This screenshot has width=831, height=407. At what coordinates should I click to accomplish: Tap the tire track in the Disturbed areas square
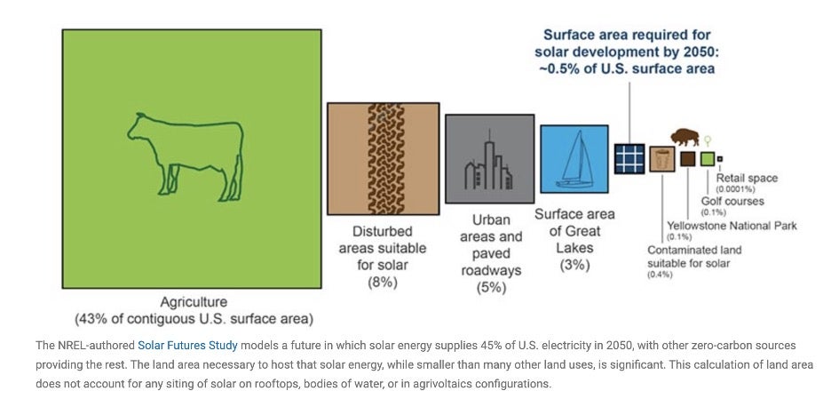[x=386, y=159]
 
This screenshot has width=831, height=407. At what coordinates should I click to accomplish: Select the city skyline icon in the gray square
[x=489, y=165]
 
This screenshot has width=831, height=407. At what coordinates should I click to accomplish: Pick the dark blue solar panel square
[x=629, y=159]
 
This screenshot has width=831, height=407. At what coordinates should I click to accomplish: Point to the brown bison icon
[x=685, y=137]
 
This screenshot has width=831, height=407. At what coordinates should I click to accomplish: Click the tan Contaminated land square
[x=662, y=159]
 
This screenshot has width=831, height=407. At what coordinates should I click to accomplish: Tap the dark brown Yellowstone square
[x=687, y=159]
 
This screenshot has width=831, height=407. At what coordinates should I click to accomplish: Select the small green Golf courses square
[x=708, y=159]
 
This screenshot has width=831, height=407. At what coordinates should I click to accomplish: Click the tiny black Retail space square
[x=720, y=159]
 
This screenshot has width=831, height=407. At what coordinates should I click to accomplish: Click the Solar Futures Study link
[x=187, y=346]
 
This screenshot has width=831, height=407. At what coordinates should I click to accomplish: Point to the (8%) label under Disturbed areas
[x=383, y=283]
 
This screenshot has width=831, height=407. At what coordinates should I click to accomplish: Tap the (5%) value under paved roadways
[x=491, y=288]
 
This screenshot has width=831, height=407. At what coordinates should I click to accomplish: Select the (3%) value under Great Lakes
[x=574, y=265]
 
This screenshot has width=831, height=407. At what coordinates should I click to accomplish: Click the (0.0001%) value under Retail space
[x=736, y=189]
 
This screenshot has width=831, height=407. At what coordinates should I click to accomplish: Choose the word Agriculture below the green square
[x=194, y=302]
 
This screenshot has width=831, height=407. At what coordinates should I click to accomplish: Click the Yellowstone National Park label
[x=732, y=226]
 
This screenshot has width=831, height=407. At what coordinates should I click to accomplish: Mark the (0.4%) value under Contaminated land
[x=660, y=275]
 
